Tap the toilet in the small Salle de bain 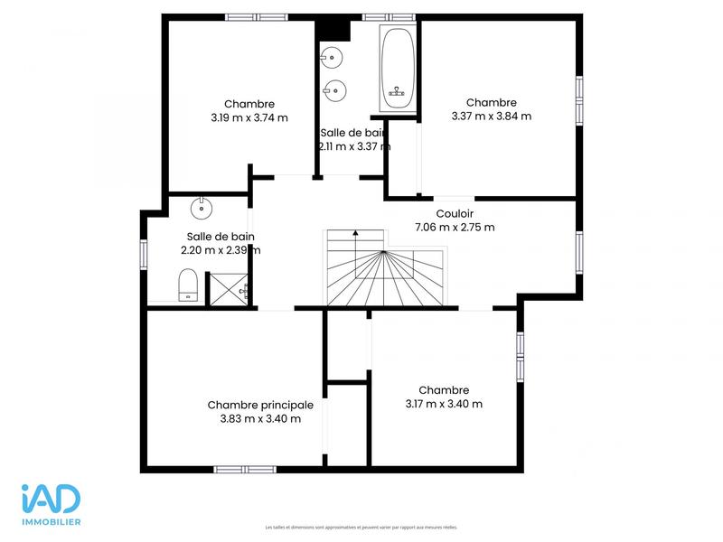click(188, 285)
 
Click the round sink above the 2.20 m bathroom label click(201, 209)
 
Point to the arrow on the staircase click(355, 237)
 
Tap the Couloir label click(455, 213)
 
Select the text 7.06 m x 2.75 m click(455, 227)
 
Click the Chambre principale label click(260, 405)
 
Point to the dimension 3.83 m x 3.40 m click(260, 418)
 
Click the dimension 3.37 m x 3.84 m click(491, 116)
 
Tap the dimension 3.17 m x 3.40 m click(444, 404)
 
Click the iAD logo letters click(52, 499)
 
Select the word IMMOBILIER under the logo click(52, 522)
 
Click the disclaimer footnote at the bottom click(361, 527)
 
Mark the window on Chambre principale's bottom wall click(245, 469)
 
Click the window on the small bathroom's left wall click(142, 252)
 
